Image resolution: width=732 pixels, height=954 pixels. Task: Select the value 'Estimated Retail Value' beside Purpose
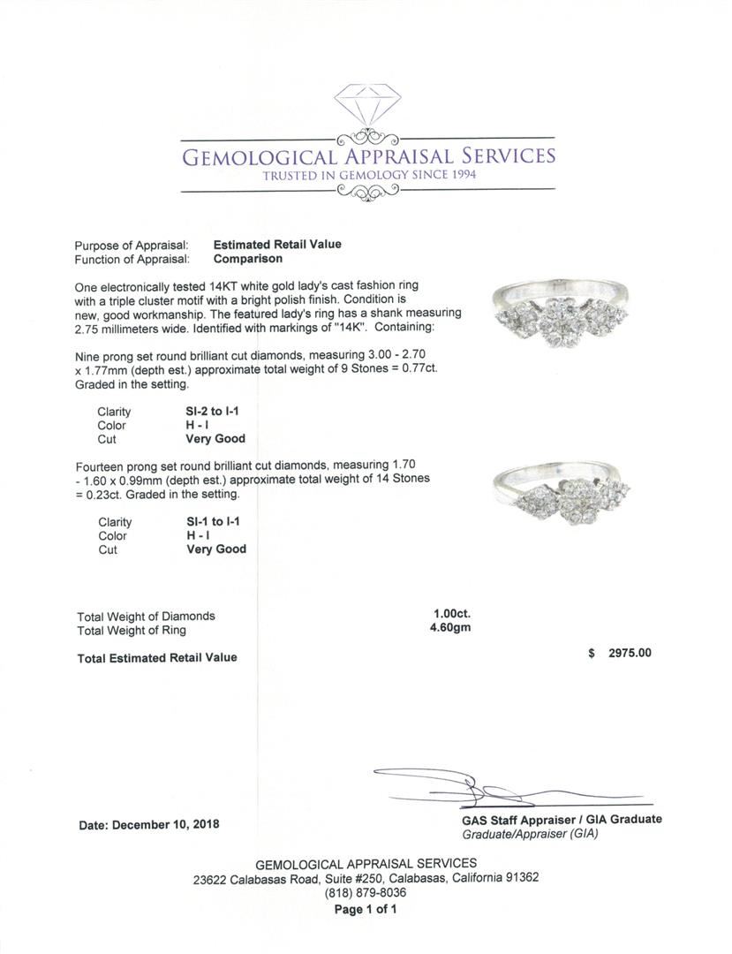point(277,245)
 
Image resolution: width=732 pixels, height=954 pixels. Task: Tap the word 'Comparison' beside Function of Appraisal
point(248,259)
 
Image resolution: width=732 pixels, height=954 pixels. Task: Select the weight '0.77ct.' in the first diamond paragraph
point(414,368)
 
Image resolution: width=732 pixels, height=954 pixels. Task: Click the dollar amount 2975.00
point(630,653)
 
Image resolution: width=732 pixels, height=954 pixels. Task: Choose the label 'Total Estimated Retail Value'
point(157,657)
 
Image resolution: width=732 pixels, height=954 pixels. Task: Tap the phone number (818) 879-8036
point(366,893)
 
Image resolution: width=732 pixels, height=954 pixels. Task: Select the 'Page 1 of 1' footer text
point(366,909)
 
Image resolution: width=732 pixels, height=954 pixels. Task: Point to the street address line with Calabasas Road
point(366,878)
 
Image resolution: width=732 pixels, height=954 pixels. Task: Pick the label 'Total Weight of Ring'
point(132,631)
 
